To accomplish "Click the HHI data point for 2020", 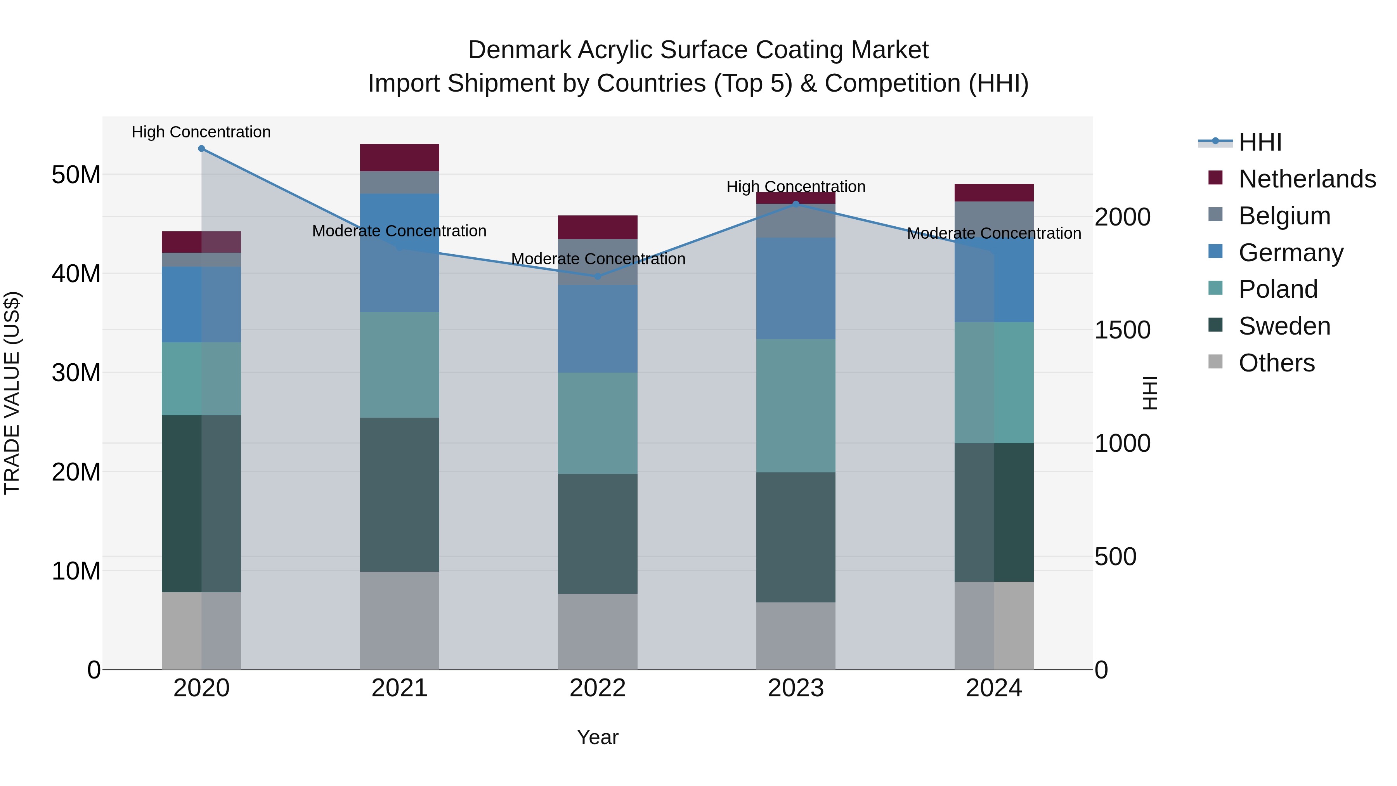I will tap(201, 149).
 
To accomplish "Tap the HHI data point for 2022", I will tap(598, 277).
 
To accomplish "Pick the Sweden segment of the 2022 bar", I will tap(598, 534).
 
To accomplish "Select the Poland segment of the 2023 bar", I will tap(796, 406).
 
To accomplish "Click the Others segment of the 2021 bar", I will tap(400, 621).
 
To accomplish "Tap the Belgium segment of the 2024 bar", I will tap(994, 220).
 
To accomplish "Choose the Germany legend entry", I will tap(1291, 253).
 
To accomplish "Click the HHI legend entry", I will tap(1260, 142).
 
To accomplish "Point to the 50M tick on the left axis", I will tap(76, 175).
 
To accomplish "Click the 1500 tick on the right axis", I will tap(1122, 330).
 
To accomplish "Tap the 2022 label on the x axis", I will tap(598, 688).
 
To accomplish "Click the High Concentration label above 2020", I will tap(201, 132).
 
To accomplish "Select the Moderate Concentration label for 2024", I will tap(994, 234).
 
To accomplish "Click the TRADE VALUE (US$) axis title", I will tap(12, 393).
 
